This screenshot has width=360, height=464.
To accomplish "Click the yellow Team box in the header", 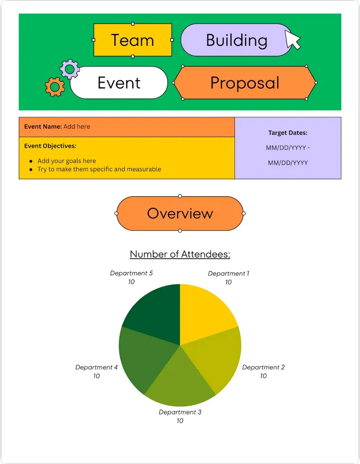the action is click(133, 40).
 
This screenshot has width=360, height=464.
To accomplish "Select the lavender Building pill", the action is click(236, 40).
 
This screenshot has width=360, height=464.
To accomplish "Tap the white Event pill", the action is click(119, 83).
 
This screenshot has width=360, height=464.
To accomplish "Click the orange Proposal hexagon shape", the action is click(245, 83).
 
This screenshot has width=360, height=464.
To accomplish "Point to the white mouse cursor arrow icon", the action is click(292, 39).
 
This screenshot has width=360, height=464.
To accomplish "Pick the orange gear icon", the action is click(55, 86).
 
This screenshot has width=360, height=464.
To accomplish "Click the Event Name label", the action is click(43, 126).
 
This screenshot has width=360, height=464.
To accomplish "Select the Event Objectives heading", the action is click(50, 146).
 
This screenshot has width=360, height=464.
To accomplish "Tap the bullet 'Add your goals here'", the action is click(67, 161).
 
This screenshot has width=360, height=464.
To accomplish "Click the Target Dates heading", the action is click(288, 133).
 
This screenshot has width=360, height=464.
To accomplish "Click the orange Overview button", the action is click(180, 214).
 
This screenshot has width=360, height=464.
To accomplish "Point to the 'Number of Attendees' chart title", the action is click(180, 254).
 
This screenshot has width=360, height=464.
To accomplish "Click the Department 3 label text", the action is click(180, 412).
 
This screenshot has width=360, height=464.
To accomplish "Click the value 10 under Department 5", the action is click(131, 282).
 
